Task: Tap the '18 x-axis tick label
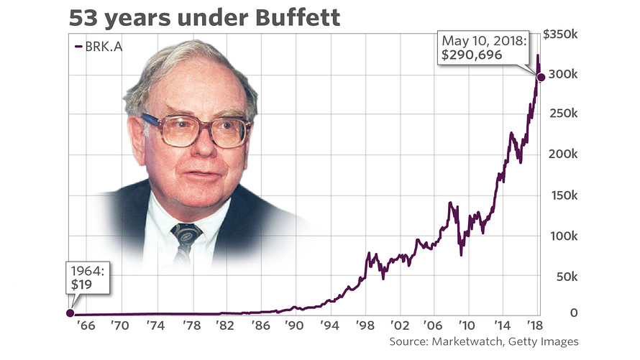pyautogui.click(x=534, y=326)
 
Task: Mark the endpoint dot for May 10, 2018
pyautogui.click(x=541, y=76)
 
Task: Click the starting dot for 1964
pyautogui.click(x=70, y=313)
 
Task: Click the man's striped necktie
pyautogui.click(x=186, y=241)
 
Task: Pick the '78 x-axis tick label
pyautogui.click(x=191, y=326)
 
